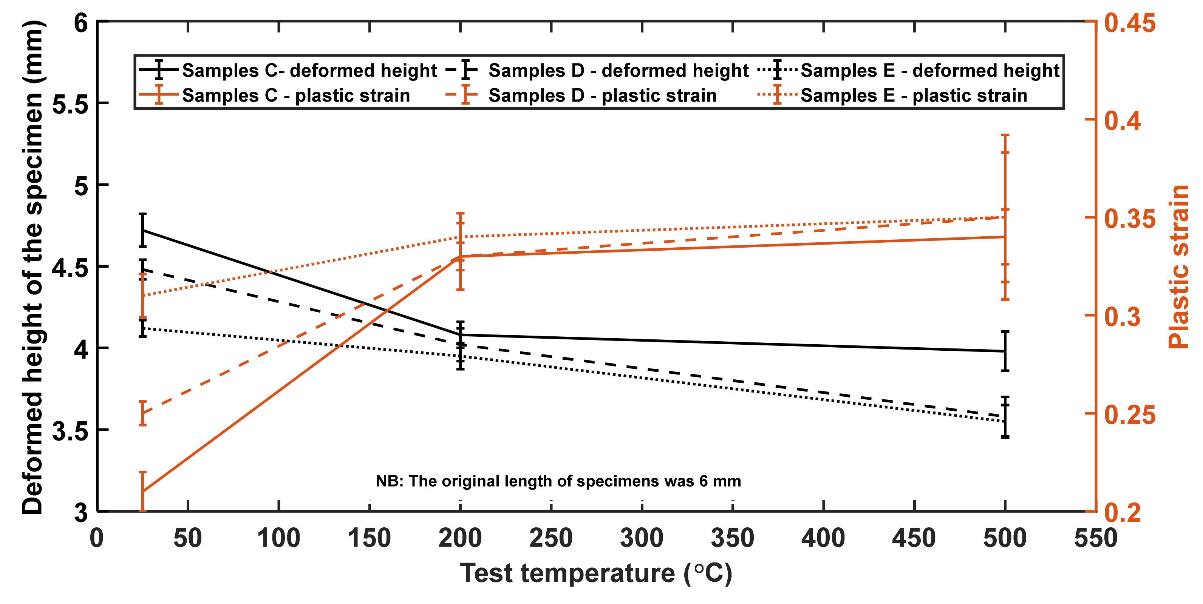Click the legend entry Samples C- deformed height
(x=309, y=71)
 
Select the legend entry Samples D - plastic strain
(x=602, y=96)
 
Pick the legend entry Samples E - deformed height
(x=929, y=71)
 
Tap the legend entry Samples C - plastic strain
(x=295, y=96)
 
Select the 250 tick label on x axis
(x=551, y=538)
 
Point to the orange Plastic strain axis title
(x=1178, y=266)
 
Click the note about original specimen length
(x=558, y=481)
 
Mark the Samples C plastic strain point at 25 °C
(x=143, y=492)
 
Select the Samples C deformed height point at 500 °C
(x=1005, y=351)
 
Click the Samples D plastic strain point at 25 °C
(x=143, y=413)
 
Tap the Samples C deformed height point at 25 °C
(x=143, y=230)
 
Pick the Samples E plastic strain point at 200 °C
(x=461, y=237)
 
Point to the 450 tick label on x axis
(x=914, y=538)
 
